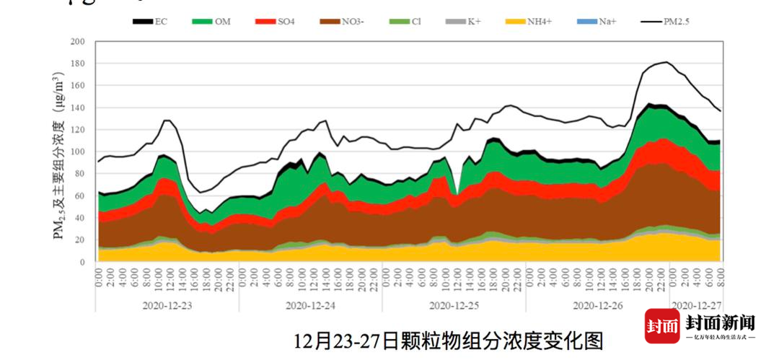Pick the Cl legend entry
[x=405, y=22]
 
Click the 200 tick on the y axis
[x=77, y=42]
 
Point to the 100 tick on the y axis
[x=77, y=152]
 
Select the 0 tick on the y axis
[x=82, y=263]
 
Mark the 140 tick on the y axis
[x=77, y=108]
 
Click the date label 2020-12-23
[x=167, y=305]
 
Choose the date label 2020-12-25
[x=454, y=305]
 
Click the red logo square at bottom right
[x=662, y=325]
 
